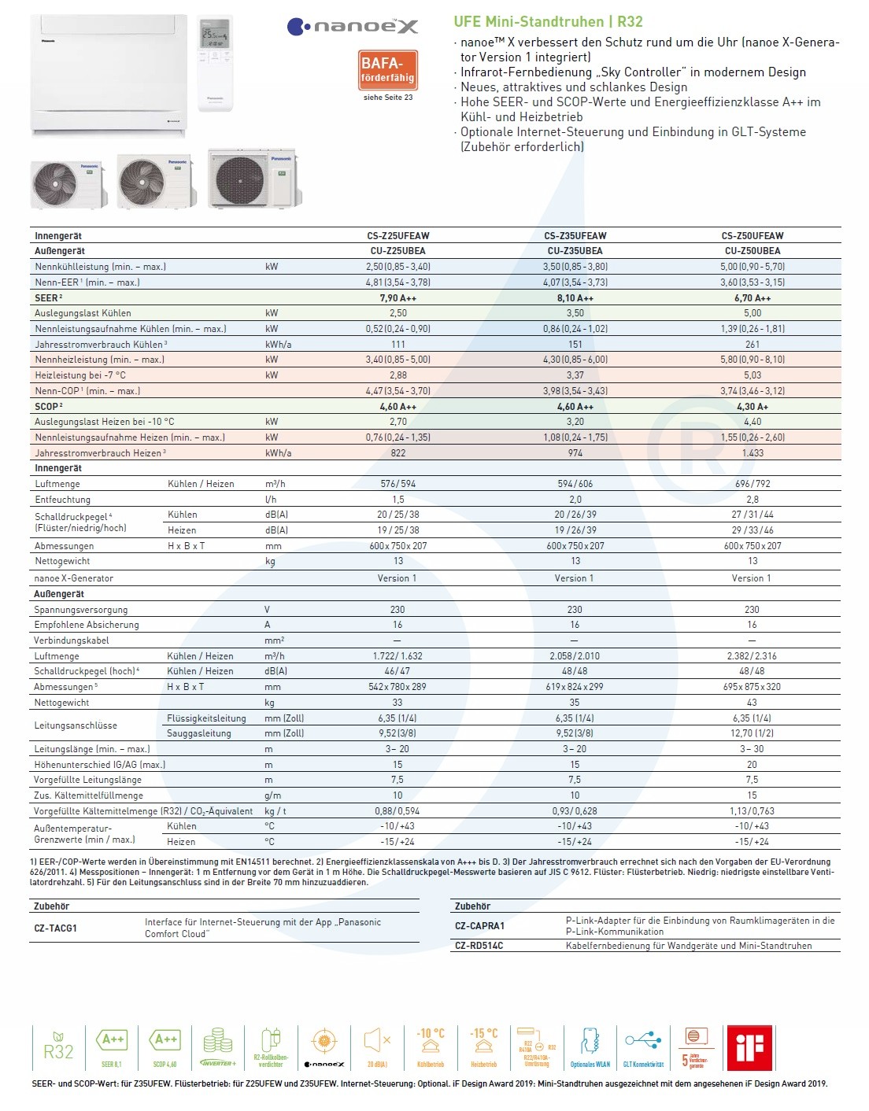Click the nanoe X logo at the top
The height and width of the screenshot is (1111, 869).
point(352,28)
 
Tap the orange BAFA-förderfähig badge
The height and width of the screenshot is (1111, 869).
point(387,70)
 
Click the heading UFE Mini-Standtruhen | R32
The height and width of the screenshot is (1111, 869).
point(548,22)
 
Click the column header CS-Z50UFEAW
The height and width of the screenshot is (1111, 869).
point(752,236)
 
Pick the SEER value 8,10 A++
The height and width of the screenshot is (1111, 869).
point(575,298)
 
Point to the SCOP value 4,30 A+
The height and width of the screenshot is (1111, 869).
point(752,407)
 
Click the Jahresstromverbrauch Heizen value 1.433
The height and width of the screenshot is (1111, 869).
point(752,453)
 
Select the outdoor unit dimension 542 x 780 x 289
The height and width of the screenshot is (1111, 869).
point(398,687)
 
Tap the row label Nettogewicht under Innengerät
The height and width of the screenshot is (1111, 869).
point(62,562)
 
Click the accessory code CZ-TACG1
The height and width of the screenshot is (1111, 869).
point(55,928)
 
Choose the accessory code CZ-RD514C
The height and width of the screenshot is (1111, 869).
point(479,946)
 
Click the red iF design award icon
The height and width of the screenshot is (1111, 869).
point(749,1046)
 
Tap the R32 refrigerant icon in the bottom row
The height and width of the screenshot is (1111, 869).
point(58,1046)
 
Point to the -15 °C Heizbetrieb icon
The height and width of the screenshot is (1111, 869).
point(483,1046)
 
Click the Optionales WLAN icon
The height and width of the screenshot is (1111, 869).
point(590,1046)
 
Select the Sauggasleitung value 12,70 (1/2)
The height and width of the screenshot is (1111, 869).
point(752,733)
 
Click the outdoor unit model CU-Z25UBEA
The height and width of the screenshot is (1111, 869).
point(398,251)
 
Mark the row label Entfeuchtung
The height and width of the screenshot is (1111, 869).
point(62,500)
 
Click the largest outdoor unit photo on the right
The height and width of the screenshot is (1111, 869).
point(253,179)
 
